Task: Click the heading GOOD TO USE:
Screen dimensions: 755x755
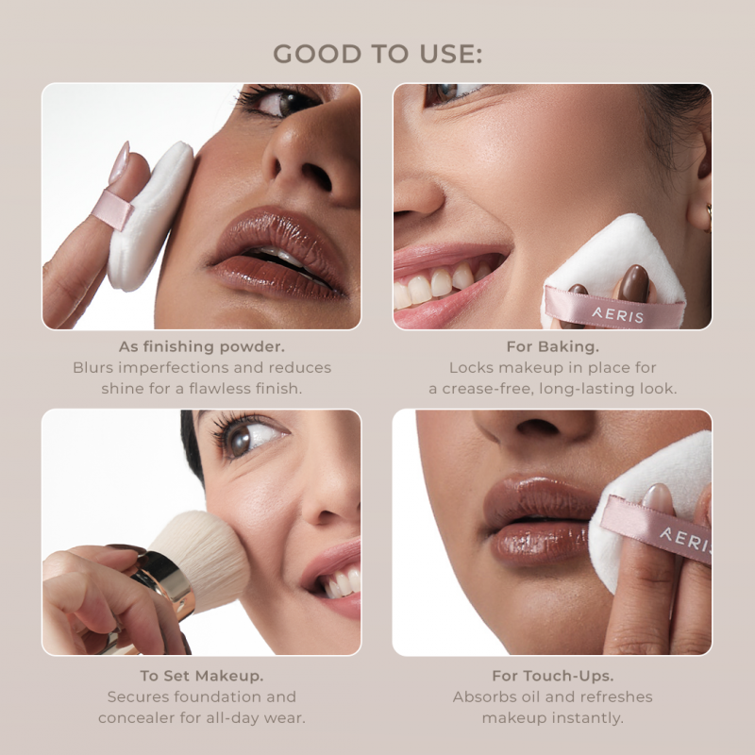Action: pos(377,54)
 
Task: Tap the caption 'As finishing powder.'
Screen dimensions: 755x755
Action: pos(202,346)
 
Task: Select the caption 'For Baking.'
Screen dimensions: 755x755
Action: pos(553,346)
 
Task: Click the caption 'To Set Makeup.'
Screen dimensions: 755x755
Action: pos(202,676)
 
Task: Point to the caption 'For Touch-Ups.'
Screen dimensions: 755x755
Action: pos(553,676)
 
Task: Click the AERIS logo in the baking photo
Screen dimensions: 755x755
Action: pos(618,315)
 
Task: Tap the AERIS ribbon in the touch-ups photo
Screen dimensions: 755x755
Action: pos(655,530)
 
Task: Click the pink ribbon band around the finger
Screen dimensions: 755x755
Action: pos(112,210)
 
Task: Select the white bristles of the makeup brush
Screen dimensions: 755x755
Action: pos(202,559)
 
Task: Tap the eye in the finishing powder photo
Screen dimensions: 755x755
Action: pos(281,102)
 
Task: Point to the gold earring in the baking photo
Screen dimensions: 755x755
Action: pos(709,218)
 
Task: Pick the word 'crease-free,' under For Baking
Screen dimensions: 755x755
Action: pos(488,388)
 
